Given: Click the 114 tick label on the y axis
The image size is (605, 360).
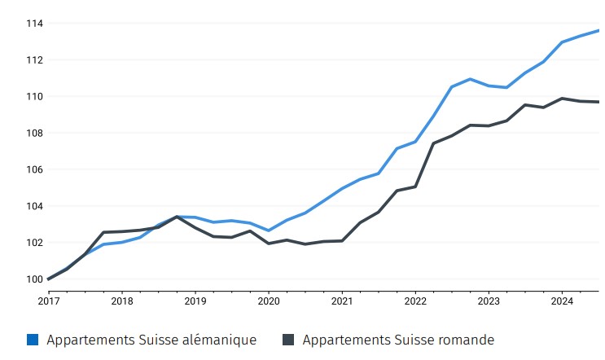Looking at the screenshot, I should [33, 24].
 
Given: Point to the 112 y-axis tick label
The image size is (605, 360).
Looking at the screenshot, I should [33, 60].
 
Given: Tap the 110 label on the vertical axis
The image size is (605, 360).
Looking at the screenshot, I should [33, 97].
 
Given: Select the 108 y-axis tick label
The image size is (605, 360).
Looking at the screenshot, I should [33, 134].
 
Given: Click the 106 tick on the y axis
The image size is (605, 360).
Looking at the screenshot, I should [33, 170].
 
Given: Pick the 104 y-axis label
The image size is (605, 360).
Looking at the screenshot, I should [33, 207].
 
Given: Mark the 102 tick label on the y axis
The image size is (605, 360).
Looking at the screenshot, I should [33, 243].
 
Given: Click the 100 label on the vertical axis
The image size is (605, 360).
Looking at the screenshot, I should [33, 279].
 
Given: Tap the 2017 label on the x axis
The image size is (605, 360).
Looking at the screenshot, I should [49, 300].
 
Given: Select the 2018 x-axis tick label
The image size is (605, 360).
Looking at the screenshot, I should [122, 300].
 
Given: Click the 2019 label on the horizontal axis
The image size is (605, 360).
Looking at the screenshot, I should [195, 300].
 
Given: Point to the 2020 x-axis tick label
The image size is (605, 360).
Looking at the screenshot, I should [269, 300].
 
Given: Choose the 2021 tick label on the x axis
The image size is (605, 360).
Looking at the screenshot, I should [342, 300].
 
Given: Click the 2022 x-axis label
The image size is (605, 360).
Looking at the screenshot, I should [415, 300].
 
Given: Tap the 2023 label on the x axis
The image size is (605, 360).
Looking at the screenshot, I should [489, 300].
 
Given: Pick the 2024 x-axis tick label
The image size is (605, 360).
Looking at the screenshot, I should [562, 300].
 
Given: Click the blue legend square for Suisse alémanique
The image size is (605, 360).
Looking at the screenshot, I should [33, 340].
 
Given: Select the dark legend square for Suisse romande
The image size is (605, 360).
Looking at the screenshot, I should [288, 340].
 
